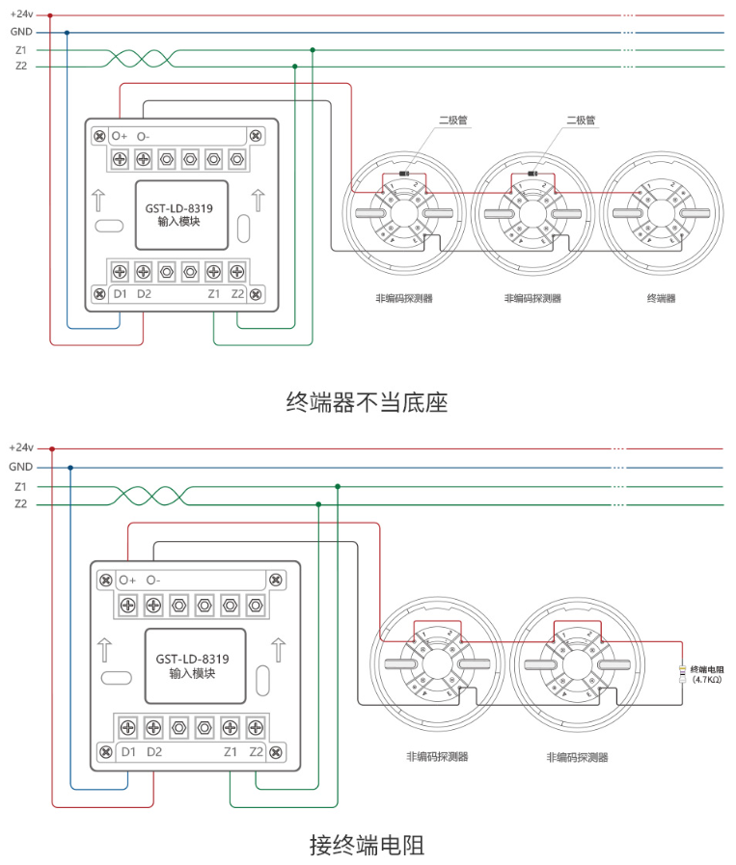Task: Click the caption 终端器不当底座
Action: [x=367, y=402]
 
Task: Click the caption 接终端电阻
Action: [x=367, y=846]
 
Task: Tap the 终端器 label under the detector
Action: [x=661, y=299]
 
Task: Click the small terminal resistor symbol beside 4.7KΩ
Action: [x=683, y=674]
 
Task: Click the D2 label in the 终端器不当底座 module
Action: [x=144, y=293]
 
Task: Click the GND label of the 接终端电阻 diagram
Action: [x=21, y=467]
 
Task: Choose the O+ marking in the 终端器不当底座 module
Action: [x=120, y=136]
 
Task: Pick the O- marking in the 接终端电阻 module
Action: [x=152, y=581]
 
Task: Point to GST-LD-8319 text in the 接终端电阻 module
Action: [x=192, y=660]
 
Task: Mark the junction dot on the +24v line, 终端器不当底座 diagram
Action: [x=50, y=15]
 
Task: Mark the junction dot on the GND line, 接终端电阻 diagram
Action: [x=70, y=467]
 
